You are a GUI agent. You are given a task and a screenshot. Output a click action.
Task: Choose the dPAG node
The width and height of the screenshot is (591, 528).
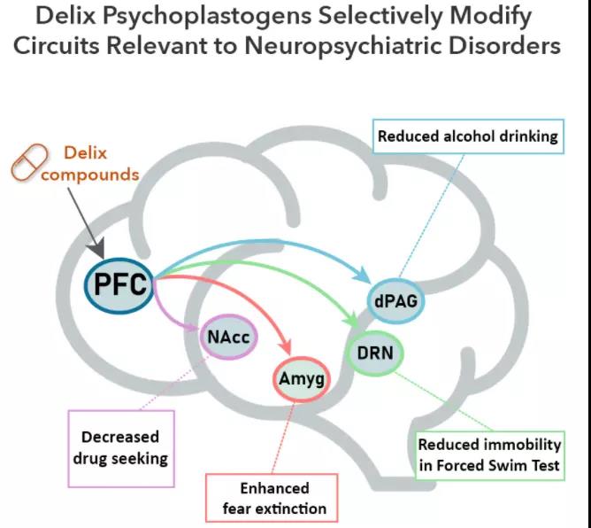pos(395,301)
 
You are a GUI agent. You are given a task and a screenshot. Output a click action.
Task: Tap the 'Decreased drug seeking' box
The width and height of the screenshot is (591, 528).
pos(119,448)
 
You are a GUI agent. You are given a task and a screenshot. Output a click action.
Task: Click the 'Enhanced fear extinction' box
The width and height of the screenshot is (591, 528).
pos(273,498)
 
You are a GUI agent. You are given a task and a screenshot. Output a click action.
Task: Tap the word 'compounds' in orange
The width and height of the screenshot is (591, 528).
pos(90,175)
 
